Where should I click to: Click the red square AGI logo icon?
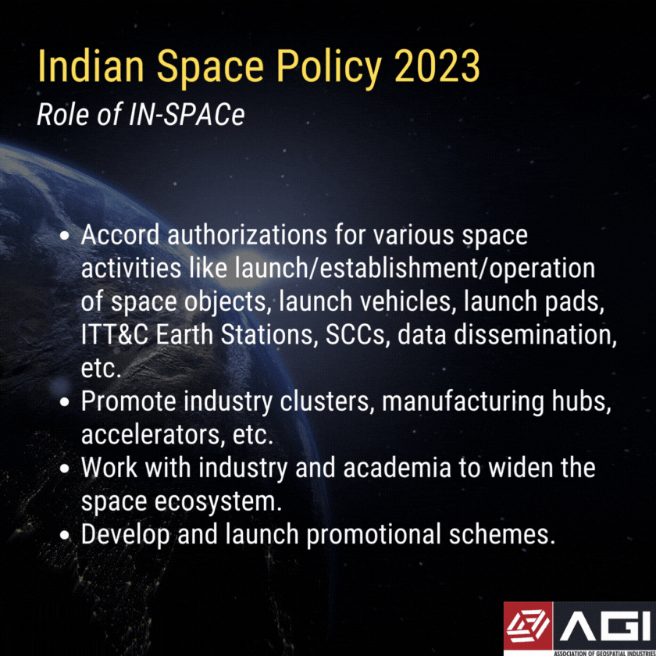pyautogui.click(x=527, y=625)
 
